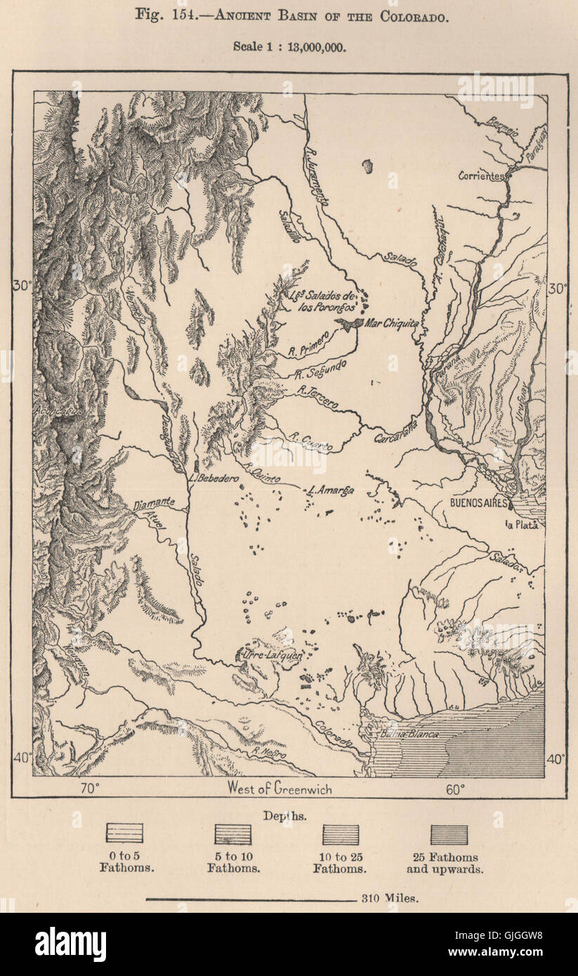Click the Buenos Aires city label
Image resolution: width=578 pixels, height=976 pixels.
(479, 503)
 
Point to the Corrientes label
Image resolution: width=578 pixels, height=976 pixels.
(481, 176)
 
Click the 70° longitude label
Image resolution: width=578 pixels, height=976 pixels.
(89, 789)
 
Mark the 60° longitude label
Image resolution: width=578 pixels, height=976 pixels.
(454, 789)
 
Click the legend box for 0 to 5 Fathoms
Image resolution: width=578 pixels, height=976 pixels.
(124, 833)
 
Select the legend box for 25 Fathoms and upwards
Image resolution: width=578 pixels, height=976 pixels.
(449, 834)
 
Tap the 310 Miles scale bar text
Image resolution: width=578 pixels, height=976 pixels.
(390, 897)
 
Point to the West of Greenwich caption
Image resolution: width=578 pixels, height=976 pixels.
(279, 788)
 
